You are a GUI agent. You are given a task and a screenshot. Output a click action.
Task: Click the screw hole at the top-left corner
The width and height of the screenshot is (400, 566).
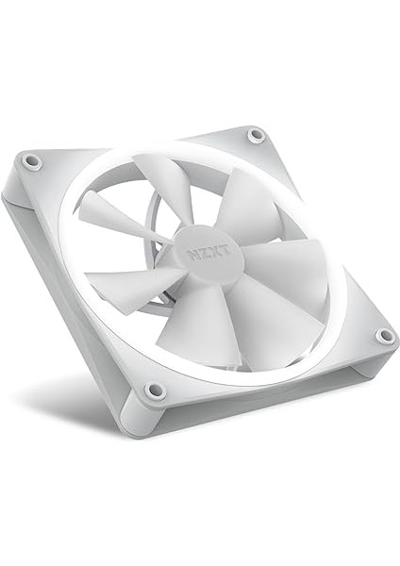tap(33, 161)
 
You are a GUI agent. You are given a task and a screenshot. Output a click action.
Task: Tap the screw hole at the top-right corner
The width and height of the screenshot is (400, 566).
tap(256, 136)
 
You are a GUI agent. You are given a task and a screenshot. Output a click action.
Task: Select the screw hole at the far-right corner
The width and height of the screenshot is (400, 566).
tap(384, 336)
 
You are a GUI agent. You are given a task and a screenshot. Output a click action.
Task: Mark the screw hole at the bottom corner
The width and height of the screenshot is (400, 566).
tap(156, 390)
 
